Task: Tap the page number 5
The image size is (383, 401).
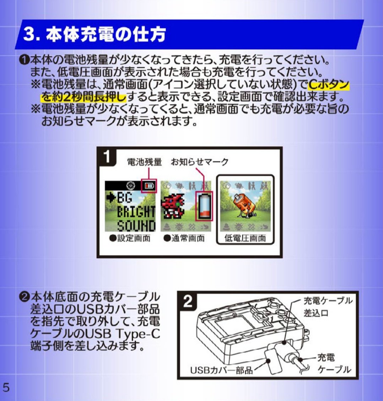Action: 6,387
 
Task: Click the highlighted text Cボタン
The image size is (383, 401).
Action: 328,84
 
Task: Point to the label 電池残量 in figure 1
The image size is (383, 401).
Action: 144,162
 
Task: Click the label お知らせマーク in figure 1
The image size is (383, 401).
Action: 200,162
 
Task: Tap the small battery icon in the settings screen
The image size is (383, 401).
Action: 149,186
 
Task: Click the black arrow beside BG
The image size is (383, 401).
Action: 111,198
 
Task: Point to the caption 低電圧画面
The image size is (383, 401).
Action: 245,238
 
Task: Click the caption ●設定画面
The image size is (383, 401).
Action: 130,238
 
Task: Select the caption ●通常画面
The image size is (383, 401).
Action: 184,238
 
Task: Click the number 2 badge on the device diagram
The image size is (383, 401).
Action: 188,301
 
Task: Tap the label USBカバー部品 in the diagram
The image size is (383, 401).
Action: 221,370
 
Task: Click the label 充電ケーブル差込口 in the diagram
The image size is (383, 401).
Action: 328,307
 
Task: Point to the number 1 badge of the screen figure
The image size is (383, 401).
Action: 107,156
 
